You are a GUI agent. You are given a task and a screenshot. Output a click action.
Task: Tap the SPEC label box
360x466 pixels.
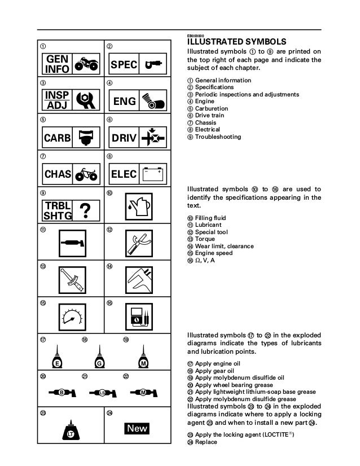click(x=124, y=65)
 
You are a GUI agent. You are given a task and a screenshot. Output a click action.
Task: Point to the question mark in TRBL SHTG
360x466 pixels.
click(x=86, y=210)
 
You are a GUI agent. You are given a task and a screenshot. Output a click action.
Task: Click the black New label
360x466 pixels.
click(x=137, y=428)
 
